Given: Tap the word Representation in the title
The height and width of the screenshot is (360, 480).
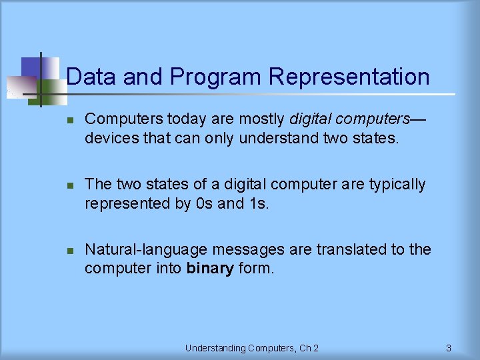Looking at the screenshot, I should point(349,77).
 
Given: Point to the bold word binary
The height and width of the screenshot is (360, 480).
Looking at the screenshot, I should point(210,269).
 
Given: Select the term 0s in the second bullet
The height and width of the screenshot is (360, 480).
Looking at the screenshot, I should point(203,203).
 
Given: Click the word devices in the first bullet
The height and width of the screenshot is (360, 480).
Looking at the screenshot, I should point(109,138).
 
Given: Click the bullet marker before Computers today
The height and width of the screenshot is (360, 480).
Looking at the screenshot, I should point(70,120).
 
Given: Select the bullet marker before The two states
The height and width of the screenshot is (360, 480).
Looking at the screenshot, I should point(70,185).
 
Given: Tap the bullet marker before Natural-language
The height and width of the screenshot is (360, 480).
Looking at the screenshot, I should point(70,250).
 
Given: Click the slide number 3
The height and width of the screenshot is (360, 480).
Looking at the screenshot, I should point(449,347).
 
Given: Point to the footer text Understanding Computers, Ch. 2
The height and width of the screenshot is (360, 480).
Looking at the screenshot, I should point(252,347).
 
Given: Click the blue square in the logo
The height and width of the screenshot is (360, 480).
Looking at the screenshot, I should point(31,67).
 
